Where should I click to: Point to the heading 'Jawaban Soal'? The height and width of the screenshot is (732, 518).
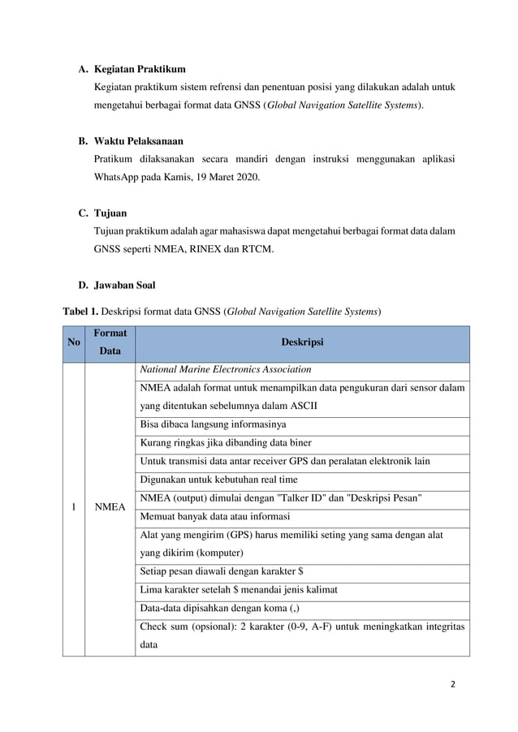[127, 286]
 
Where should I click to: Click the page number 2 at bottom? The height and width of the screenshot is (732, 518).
[452, 683]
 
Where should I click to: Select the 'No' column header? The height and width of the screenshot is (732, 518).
[74, 343]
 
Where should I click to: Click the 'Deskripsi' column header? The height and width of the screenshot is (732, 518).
[302, 343]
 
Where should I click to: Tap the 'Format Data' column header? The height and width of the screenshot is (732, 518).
[110, 343]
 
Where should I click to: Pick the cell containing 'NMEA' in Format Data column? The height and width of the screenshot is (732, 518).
[110, 507]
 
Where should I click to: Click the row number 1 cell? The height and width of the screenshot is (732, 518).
[74, 507]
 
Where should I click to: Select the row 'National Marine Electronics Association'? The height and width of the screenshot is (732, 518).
[220, 370]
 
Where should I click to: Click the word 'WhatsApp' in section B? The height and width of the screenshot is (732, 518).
[119, 176]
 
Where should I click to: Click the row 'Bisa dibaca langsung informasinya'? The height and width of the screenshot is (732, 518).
[214, 424]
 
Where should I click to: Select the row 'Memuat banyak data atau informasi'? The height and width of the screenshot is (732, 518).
[215, 516]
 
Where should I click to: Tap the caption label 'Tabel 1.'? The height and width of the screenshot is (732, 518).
[80, 311]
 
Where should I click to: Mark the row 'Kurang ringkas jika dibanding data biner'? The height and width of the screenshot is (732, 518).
[226, 443]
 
